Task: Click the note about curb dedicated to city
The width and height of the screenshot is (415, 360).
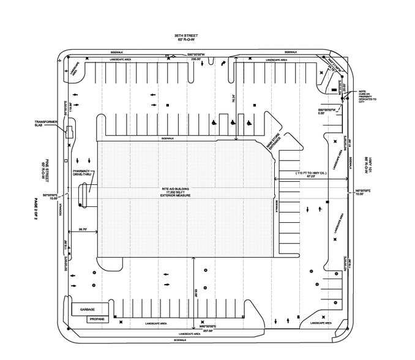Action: [368, 95]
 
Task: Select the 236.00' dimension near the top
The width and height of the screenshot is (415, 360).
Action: [194, 60]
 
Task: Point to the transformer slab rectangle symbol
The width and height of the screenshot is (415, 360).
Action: [70, 131]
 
